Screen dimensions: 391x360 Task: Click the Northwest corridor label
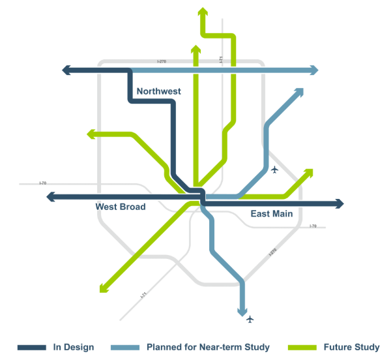coord(158,91)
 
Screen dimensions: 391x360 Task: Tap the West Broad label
coord(121,207)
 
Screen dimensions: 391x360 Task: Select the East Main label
coord(272,213)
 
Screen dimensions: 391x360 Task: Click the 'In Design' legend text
coord(74,347)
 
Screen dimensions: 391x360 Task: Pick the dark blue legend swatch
coord(31,347)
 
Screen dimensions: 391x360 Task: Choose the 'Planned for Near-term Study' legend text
coord(208,347)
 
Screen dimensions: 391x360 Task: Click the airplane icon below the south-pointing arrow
coord(250,319)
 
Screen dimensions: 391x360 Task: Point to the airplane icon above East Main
coord(274,170)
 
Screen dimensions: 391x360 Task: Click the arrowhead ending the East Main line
coord(339,203)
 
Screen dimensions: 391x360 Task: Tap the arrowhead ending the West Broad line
coord(51,197)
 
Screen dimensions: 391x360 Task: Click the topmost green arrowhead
coord(202,11)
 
